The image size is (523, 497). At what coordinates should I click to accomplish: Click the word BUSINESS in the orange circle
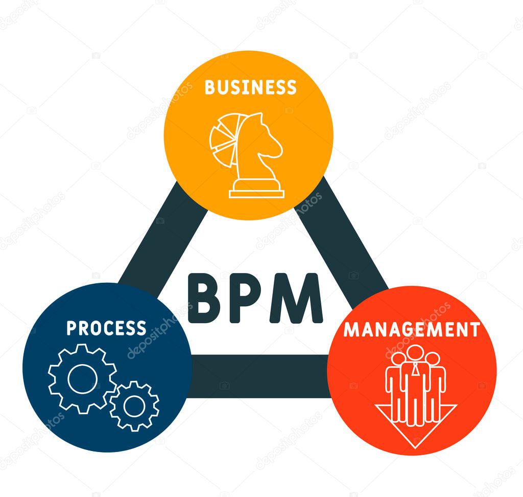250,87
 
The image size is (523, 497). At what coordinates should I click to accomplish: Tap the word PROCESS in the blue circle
106,328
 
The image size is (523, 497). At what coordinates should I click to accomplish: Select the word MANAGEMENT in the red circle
412,329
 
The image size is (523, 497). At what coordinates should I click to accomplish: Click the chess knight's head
263,135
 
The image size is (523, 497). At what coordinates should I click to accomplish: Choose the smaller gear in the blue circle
134,405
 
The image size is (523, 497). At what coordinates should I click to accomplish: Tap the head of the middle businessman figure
415,353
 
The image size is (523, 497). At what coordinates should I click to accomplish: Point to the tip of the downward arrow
415,447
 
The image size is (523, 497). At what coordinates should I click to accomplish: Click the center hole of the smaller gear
134,405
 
